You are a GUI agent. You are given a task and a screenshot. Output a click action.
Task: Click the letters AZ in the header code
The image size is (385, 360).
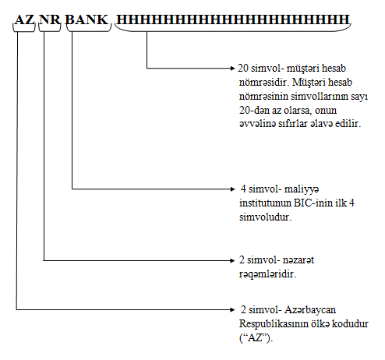[25, 19]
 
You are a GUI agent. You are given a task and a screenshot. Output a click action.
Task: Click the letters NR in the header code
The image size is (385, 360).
[50, 19]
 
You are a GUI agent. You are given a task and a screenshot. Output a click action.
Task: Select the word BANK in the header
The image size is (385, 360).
[87, 19]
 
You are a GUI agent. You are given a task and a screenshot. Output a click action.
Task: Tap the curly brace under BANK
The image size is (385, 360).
[89, 30]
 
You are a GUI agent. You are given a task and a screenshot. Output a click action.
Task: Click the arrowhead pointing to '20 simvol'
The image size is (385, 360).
[233, 69]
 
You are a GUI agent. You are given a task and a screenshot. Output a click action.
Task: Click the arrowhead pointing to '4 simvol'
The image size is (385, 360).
[233, 189]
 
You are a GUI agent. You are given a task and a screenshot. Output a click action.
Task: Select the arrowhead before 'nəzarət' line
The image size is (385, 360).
[233, 260]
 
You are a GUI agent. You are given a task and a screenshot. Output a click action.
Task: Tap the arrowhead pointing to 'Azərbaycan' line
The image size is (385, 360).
[233, 309]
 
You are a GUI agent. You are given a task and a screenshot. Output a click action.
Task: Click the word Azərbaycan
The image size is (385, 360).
[310, 310]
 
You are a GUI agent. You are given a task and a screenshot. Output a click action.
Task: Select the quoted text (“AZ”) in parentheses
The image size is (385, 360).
[256, 338]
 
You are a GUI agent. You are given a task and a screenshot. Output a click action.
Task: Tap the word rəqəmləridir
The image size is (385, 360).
[267, 274]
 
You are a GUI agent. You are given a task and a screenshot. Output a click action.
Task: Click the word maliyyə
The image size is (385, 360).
[302, 189]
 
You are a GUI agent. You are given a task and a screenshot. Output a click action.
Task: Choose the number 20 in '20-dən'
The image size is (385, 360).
[244, 111]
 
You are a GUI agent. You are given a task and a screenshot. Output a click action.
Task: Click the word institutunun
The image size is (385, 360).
[266, 203]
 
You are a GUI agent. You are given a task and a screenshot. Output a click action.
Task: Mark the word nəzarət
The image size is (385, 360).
[298, 260]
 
